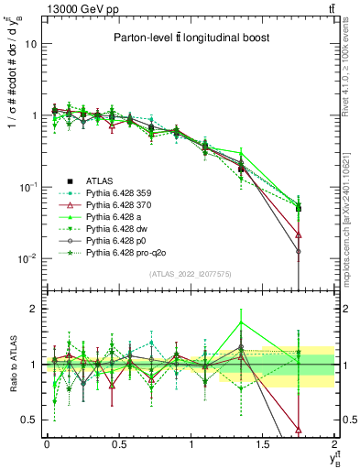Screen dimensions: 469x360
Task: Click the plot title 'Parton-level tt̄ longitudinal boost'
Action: coord(190,38)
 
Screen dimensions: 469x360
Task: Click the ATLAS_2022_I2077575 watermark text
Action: coord(189,273)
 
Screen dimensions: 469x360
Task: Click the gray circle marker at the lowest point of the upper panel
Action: coord(299,251)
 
